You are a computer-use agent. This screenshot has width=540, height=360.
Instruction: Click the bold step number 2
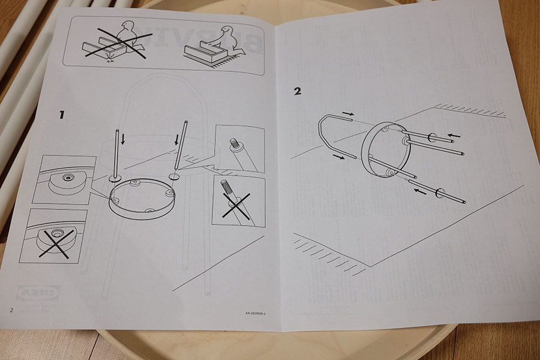pos(298,92)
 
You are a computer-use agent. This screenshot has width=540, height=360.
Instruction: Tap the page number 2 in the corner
pos(10,310)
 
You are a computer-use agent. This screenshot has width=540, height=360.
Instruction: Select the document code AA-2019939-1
pos(256,314)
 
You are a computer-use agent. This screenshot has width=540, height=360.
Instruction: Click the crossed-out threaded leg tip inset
pos(238,201)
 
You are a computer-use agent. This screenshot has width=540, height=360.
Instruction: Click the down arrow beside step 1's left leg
pos(123,139)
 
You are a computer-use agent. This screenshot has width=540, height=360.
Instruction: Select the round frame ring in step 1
pos(142,199)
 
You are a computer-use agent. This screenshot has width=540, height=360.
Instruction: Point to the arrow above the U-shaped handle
pos(348,113)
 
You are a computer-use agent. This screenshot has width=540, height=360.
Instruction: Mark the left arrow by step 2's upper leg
pos(454,136)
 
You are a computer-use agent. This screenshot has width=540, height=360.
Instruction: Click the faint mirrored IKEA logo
pos(38,293)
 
